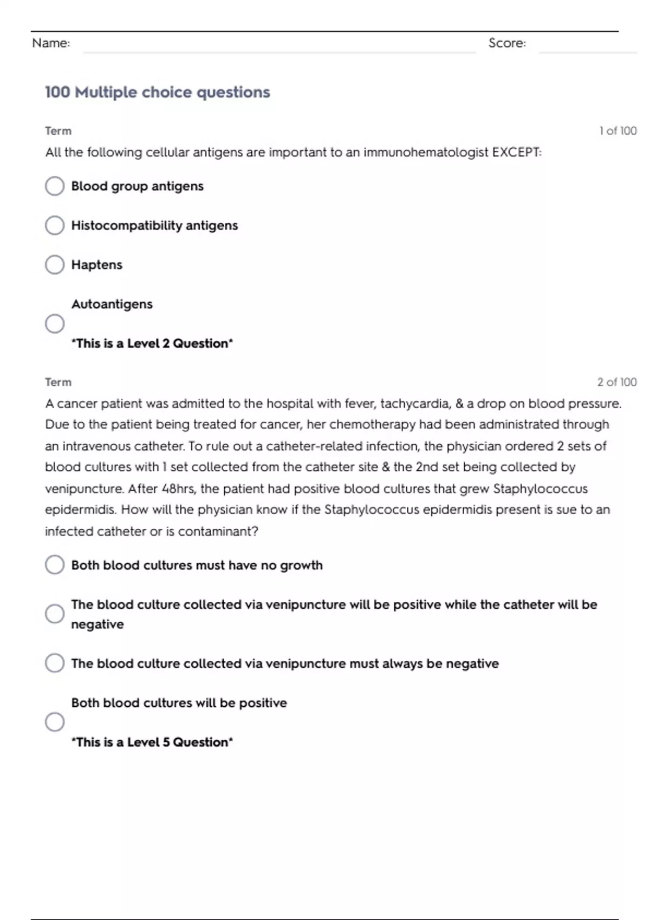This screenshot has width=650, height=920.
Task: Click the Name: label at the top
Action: click(51, 43)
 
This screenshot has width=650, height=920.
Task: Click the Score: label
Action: click(507, 43)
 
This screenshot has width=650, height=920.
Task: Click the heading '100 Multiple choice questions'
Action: click(157, 92)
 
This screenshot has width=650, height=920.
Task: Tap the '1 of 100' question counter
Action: click(617, 131)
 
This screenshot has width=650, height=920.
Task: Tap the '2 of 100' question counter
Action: click(617, 382)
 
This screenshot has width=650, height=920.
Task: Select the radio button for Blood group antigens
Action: click(55, 186)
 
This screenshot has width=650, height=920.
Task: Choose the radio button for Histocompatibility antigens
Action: click(55, 226)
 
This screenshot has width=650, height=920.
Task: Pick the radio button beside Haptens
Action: click(55, 265)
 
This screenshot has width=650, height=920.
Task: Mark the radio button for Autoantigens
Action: click(55, 324)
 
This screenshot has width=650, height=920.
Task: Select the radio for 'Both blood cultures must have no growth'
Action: click(55, 565)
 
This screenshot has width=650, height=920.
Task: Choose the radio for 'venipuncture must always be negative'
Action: click(55, 663)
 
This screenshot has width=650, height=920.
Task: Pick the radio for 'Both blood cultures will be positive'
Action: click(55, 722)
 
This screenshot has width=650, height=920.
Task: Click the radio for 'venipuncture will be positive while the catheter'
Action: click(55, 614)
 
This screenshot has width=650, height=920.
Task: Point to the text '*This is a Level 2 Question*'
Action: click(152, 344)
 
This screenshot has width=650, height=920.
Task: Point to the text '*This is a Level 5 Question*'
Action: click(152, 742)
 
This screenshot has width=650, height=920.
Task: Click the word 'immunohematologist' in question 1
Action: click(426, 153)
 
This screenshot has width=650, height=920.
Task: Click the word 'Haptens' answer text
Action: click(97, 265)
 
